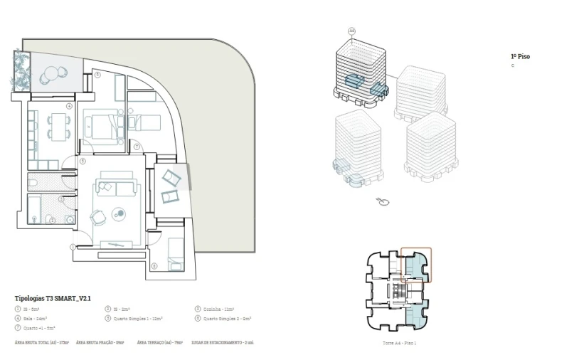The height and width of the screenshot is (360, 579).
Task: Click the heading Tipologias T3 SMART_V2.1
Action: pyautogui.click(x=53, y=298)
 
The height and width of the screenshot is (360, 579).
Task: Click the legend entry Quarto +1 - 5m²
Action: pyautogui.click(x=36, y=327)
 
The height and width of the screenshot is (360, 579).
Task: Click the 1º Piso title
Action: pyautogui.click(x=520, y=57)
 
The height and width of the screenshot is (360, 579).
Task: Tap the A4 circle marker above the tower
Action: pyautogui.click(x=351, y=31)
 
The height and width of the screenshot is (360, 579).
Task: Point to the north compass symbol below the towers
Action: pyautogui.click(x=384, y=202)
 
